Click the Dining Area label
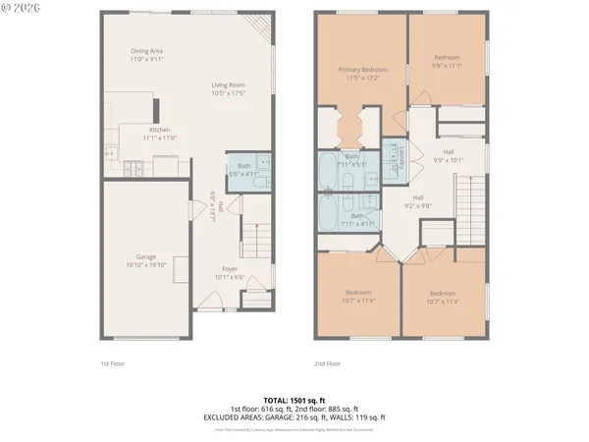coord(146,55)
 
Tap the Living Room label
coord(228,89)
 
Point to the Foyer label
coord(230,272)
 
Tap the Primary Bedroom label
coord(362,74)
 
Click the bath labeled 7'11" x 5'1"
coord(350,161)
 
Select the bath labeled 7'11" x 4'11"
coord(357,220)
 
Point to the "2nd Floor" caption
coord(327,362)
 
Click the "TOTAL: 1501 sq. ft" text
coord(294,401)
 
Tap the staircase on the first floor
coord(255,239)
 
